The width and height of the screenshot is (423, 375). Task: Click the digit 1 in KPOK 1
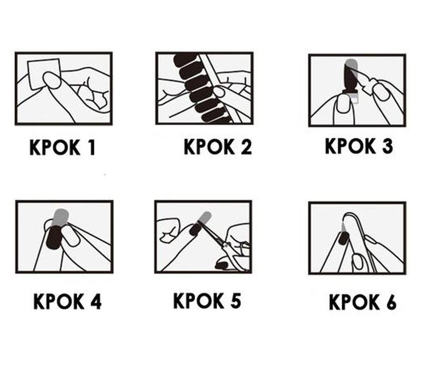[92, 148]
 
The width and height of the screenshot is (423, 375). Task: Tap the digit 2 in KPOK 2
[246, 147]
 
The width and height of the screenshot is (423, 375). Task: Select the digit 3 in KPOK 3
[387, 146]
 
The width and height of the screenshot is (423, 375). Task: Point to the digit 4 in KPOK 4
[96, 302]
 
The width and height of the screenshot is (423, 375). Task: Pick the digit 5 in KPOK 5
[235, 301]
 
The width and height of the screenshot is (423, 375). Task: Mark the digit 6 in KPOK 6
[391, 302]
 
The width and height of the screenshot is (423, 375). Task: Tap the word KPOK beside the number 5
[199, 301]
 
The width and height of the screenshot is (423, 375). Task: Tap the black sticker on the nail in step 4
[54, 238]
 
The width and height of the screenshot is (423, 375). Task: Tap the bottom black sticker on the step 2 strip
[216, 117]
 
